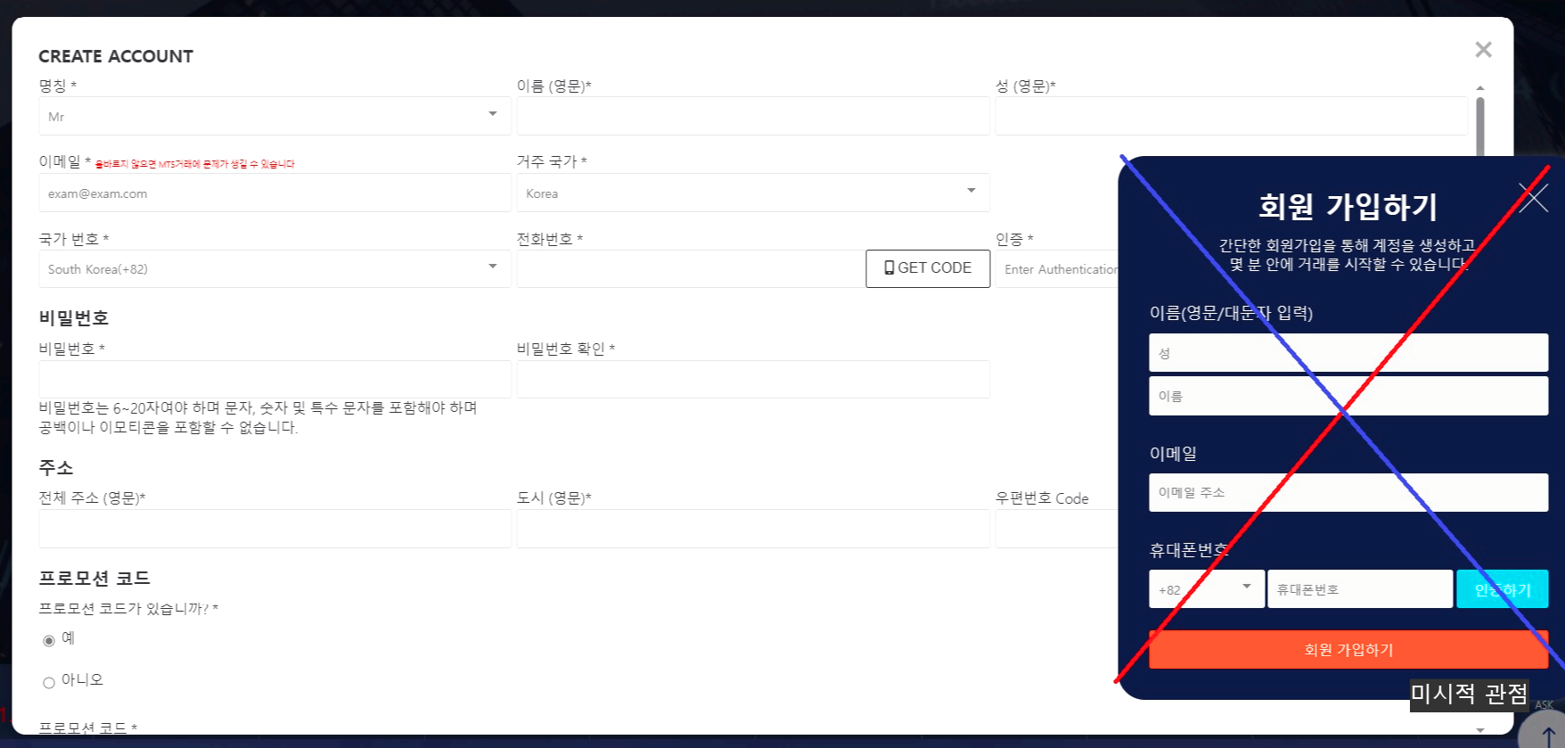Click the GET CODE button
coord(928,268)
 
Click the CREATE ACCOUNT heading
coord(116,56)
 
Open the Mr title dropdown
coord(274,116)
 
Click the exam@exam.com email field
coord(274,193)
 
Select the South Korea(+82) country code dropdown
coord(274,269)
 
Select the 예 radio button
coord(49,641)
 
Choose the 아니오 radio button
coord(49,683)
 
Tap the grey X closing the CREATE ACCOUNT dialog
coord(1483,50)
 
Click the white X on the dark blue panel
coord(1533,197)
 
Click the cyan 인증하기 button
coord(1502,589)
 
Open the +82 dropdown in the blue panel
coord(1206,589)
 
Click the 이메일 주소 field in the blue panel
coord(1348,493)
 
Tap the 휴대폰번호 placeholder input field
coord(1359,589)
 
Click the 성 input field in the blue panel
coord(1348,353)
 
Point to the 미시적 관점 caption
coord(1469,694)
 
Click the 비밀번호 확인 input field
coord(752,380)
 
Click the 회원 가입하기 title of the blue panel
coord(1348,207)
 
